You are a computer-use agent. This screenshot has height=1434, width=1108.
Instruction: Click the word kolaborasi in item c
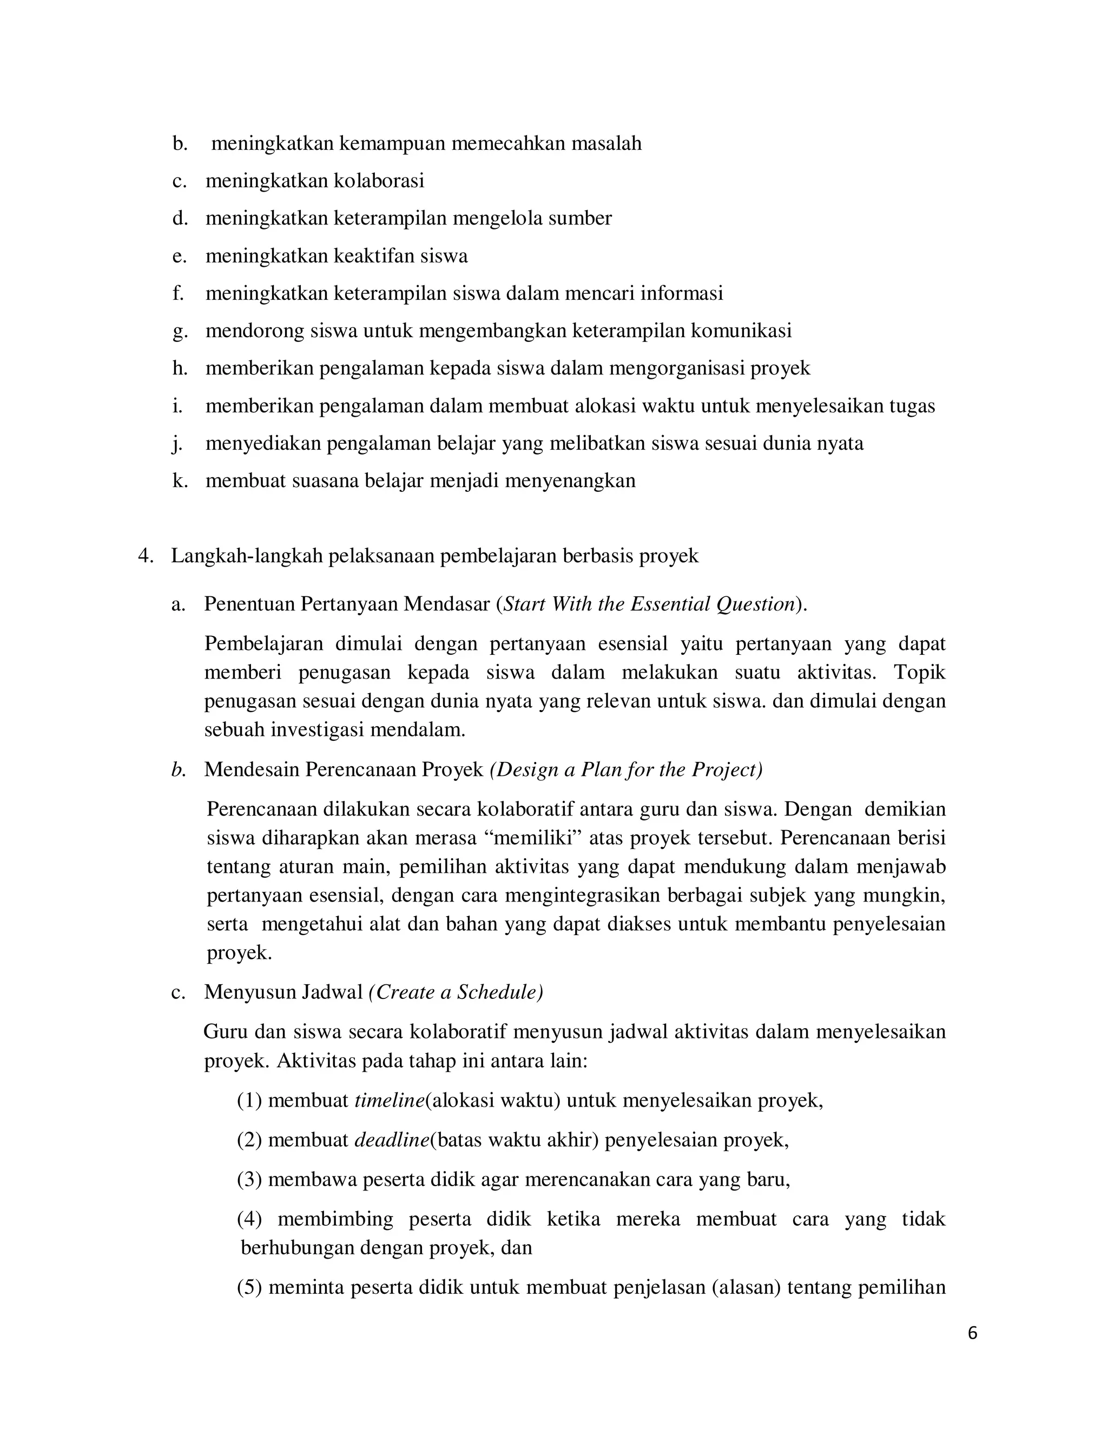[x=379, y=181]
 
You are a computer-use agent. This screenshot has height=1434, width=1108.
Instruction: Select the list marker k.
[x=179, y=481]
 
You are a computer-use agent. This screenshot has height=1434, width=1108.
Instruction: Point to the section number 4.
[x=146, y=556]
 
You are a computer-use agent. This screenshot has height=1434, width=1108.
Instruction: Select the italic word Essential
[x=670, y=604]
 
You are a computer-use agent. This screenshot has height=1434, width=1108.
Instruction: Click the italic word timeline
[x=389, y=1101]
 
